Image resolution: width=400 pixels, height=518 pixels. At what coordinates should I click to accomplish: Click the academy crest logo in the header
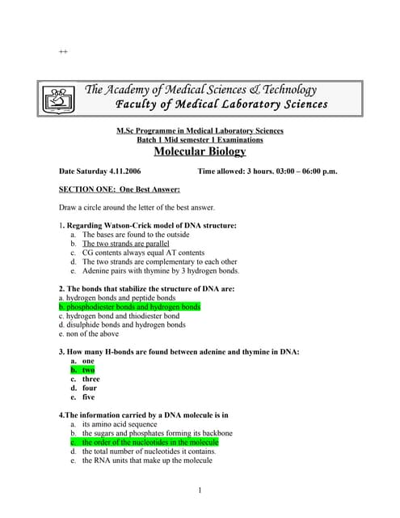point(56,100)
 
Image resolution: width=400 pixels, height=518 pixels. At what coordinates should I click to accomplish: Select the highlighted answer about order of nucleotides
point(149,443)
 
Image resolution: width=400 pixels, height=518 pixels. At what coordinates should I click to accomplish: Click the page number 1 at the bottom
point(200,490)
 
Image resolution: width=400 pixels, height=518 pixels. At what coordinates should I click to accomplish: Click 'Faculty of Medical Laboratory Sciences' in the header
point(222,104)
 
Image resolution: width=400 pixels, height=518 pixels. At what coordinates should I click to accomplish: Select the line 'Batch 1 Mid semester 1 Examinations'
point(200,140)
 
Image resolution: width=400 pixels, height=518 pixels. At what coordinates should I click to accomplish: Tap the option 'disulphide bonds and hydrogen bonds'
point(122,325)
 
